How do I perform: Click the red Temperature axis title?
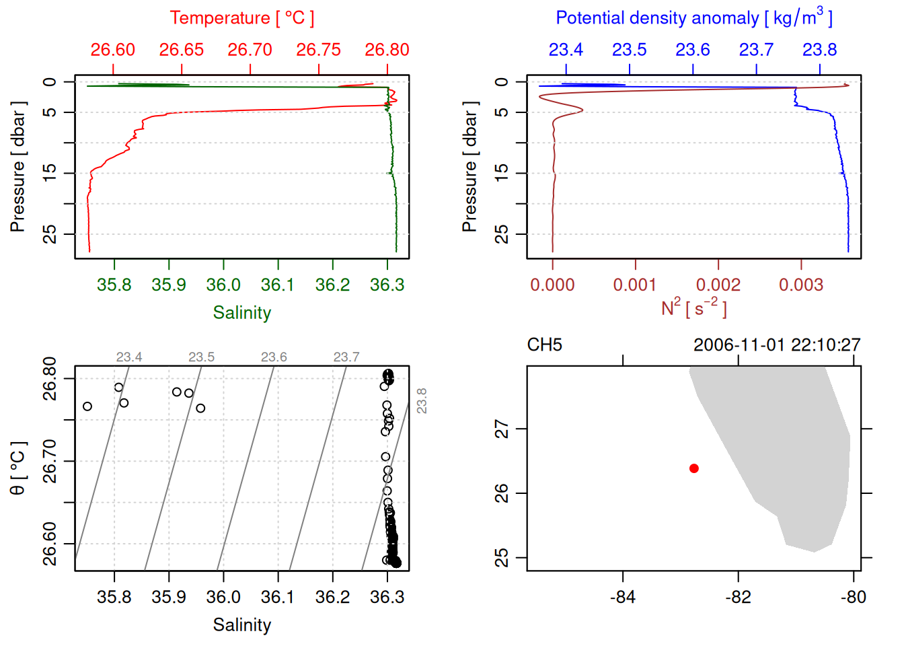(242, 18)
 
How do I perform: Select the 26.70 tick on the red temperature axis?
(250, 50)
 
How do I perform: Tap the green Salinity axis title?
(242, 313)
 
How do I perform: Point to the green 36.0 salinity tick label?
(223, 285)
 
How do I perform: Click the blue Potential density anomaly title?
(693, 18)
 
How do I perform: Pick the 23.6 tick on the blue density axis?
(693, 50)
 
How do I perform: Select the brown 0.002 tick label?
(718, 285)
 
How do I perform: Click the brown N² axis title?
(693, 308)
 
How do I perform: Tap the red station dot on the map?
(694, 468)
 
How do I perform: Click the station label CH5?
(544, 345)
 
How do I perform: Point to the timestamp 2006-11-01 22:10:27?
(777, 345)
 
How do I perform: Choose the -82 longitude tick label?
(738, 597)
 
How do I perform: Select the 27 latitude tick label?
(502, 429)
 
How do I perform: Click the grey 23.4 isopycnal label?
(129, 357)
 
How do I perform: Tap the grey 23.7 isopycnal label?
(346, 357)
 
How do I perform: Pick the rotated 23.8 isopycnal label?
(422, 400)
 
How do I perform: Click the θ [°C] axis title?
(18, 468)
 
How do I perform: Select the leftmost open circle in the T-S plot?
(87, 406)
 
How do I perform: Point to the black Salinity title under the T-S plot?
(242, 625)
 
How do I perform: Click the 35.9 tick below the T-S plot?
(169, 597)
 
